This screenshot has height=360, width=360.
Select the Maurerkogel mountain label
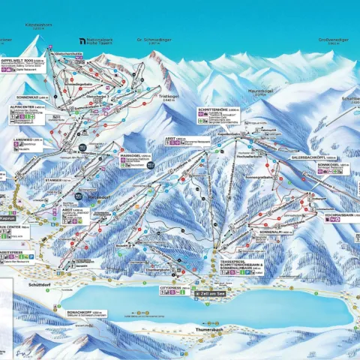[259, 91]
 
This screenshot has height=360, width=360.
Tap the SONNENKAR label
[31, 97]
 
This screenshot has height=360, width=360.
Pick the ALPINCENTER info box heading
[25, 107]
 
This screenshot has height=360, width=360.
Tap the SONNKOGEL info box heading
[329, 164]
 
